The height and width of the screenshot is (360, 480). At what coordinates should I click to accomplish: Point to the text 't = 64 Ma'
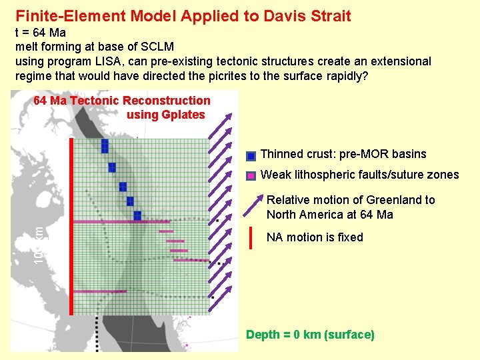click(41, 33)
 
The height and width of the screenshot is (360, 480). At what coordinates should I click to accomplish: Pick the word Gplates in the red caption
click(182, 115)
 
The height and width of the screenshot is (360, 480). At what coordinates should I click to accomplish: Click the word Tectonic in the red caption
click(93, 101)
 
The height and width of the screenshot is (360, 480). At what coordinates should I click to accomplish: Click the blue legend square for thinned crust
click(251, 157)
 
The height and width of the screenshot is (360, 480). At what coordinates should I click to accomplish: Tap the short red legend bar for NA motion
click(249, 237)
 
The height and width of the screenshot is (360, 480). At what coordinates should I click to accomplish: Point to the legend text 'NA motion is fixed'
click(315, 237)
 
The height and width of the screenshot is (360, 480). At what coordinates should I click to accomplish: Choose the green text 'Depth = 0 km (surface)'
click(310, 335)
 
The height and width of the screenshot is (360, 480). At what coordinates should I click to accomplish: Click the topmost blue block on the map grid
click(105, 145)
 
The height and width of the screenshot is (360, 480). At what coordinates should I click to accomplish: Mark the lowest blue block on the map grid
click(137, 215)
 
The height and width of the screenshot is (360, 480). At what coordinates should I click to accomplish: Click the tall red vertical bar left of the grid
click(70, 227)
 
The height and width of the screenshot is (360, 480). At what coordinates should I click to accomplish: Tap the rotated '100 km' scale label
click(40, 244)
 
